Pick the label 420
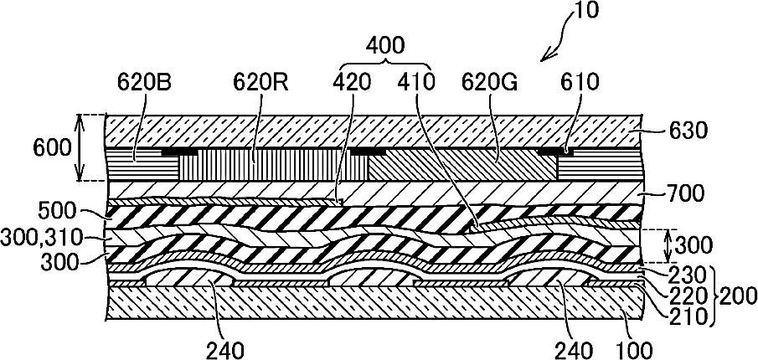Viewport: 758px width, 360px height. coord(351,82)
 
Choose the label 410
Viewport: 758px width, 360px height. coord(417,82)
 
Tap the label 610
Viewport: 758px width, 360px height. coord(582,82)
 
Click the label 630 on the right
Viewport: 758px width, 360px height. coord(688,131)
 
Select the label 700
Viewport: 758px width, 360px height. coord(688,194)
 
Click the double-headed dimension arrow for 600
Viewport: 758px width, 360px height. coord(81,147)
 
